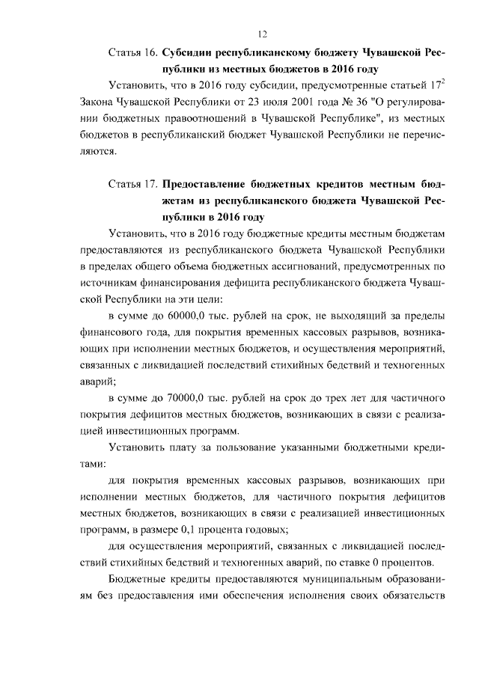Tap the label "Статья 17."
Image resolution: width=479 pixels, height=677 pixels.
(132, 184)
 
